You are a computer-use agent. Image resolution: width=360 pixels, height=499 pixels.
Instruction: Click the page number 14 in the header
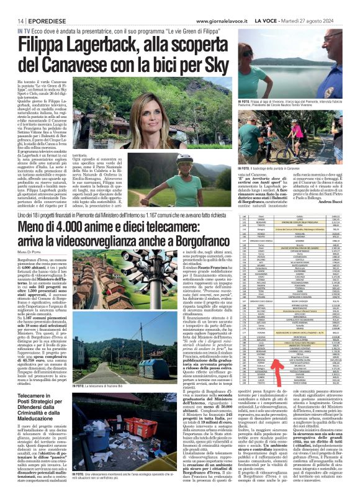coord(12,20)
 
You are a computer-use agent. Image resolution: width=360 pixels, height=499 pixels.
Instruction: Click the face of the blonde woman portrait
coord(146,109)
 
